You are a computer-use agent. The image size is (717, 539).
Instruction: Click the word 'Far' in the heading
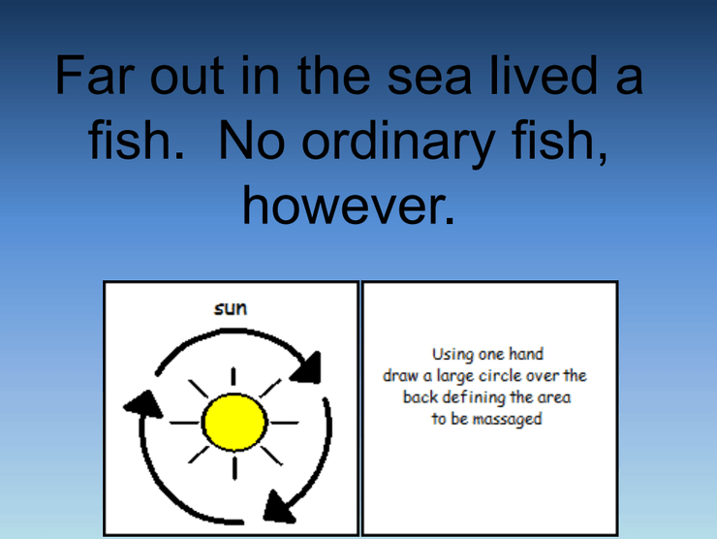coord(95,75)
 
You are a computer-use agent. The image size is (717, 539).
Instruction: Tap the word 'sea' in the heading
coord(429,78)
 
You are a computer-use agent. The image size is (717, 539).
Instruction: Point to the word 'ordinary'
coord(398,143)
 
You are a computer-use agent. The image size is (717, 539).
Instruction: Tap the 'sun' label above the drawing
coord(231,308)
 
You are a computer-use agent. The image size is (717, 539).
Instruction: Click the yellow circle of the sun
coord(234,423)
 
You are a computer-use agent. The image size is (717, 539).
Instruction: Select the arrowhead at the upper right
coord(307,367)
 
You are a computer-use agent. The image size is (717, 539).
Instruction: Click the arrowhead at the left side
coord(143,405)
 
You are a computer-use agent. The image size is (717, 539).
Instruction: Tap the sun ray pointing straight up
coord(234,376)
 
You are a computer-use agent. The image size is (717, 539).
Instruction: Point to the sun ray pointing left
coord(185,423)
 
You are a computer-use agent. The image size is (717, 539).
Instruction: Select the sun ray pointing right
coord(285,423)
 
